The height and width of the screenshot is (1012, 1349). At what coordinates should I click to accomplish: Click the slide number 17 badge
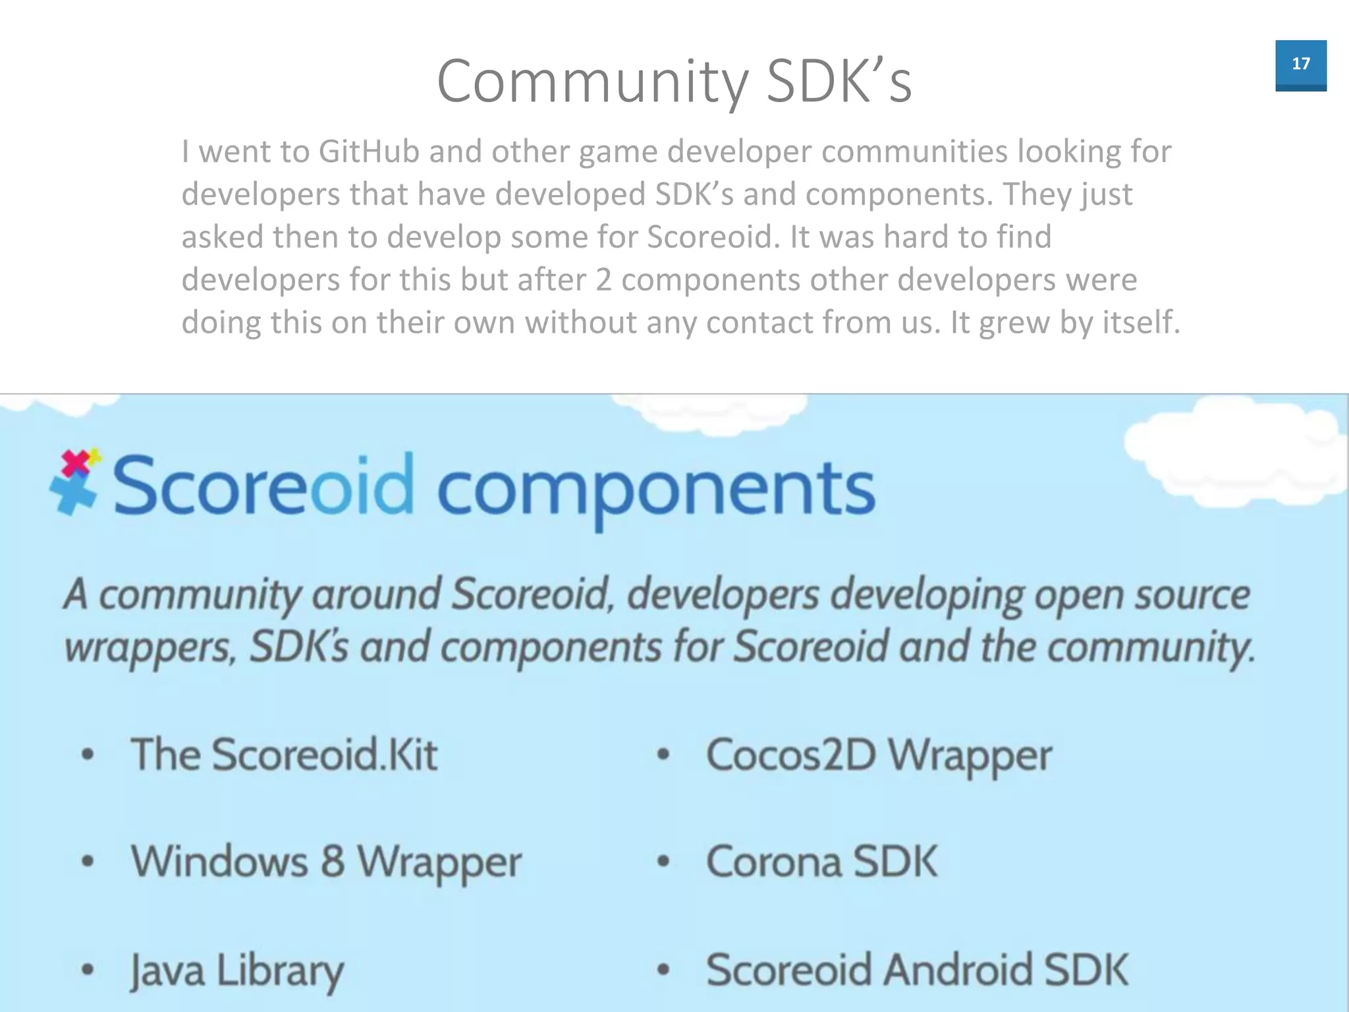click(x=1300, y=65)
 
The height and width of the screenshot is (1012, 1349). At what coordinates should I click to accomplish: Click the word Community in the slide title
click(x=592, y=82)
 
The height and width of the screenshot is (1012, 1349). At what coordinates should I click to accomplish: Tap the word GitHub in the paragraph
click(x=369, y=152)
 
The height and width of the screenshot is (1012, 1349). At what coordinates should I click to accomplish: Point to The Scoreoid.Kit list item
click(x=284, y=754)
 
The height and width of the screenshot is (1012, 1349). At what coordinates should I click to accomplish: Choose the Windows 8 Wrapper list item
click(x=326, y=861)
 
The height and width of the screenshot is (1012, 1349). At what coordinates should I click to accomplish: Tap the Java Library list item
click(x=237, y=970)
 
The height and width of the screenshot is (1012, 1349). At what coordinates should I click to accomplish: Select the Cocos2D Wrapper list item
click(x=879, y=755)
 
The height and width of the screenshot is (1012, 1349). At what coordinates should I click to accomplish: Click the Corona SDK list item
click(x=821, y=861)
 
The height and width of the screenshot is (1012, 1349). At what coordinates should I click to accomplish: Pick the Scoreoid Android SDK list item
click(x=917, y=969)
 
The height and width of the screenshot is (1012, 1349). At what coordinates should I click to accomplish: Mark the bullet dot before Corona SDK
click(x=663, y=861)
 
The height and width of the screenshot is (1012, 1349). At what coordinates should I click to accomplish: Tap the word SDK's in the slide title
click(x=840, y=82)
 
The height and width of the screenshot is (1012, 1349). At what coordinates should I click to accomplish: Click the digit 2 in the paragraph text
click(x=603, y=280)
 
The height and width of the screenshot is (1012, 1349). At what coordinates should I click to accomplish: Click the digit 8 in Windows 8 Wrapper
click(x=333, y=861)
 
